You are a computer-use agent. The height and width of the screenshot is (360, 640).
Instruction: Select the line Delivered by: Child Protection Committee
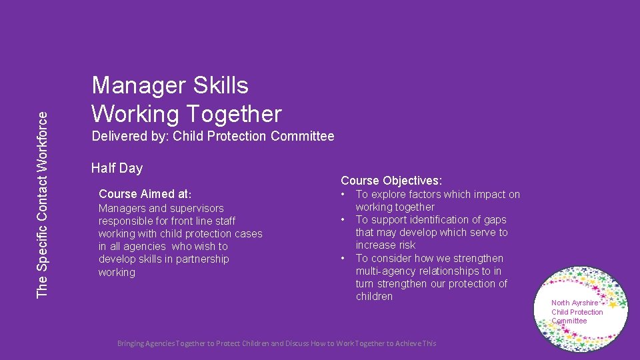tap(213, 137)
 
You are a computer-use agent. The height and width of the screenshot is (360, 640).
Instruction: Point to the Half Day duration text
tap(117, 168)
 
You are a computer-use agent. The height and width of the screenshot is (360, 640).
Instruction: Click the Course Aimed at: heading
tap(145, 195)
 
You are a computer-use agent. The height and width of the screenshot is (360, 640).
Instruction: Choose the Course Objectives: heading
tap(391, 181)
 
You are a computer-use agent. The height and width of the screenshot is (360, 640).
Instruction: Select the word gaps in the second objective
tap(495, 220)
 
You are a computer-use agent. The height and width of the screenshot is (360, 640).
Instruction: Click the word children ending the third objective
tap(374, 297)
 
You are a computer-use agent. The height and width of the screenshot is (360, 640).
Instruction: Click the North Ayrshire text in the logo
tap(575, 303)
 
